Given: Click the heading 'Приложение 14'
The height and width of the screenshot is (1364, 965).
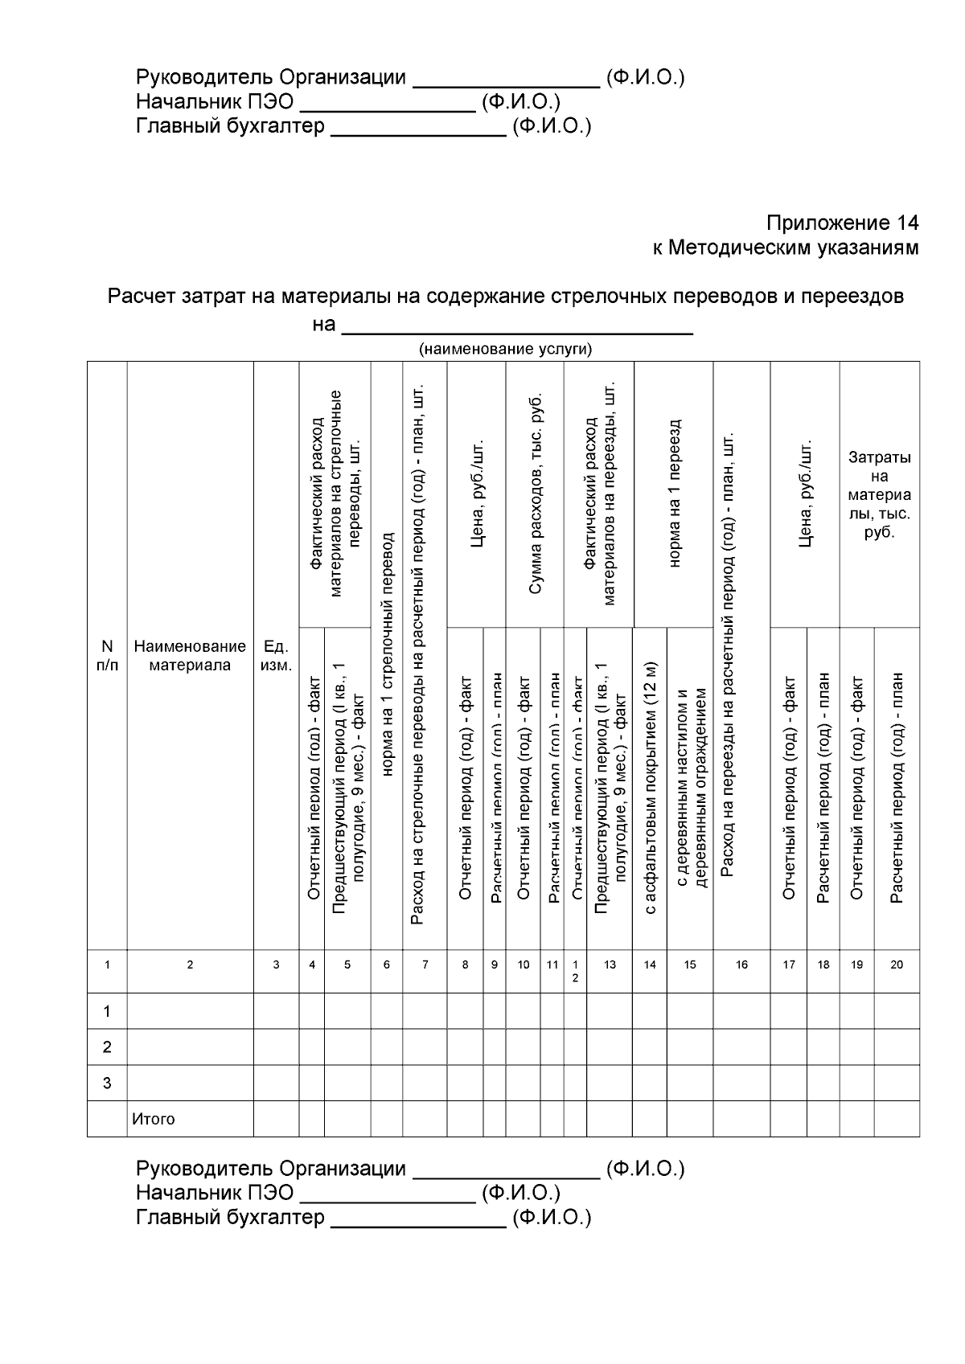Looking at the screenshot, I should (x=841, y=223).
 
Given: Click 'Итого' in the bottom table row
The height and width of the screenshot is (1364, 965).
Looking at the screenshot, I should (x=154, y=1119).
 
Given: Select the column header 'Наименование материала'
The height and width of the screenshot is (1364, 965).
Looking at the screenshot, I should (x=190, y=655).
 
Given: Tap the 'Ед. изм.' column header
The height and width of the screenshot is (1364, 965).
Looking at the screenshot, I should (x=276, y=655).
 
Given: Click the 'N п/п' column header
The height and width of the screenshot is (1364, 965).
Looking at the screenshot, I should (x=107, y=655).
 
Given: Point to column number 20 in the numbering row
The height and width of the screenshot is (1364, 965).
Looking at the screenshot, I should (x=897, y=965).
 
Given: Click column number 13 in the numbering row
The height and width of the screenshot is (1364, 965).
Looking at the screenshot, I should (x=610, y=965).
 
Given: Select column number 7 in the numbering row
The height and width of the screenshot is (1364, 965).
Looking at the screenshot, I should (x=425, y=965).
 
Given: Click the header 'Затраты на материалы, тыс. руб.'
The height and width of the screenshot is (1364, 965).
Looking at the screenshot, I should (x=880, y=494).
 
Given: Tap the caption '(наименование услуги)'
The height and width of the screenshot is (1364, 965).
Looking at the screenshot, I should (x=505, y=349).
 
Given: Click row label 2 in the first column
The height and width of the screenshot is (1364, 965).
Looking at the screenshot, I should (x=107, y=1047).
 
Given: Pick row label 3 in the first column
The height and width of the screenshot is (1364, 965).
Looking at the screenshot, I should (x=107, y=1083).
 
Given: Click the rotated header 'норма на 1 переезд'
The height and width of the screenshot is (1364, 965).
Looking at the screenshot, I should (x=674, y=494).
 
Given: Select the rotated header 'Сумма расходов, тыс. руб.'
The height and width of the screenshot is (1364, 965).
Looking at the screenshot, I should (x=535, y=494).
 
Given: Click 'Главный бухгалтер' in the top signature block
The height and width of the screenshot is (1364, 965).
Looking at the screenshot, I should (x=230, y=126).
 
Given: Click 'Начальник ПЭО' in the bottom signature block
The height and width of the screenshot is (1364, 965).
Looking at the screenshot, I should (x=215, y=1192).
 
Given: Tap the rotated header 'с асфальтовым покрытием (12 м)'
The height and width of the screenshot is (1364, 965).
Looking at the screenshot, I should (x=651, y=788).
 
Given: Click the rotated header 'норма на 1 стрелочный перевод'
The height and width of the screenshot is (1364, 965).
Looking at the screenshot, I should (x=387, y=655).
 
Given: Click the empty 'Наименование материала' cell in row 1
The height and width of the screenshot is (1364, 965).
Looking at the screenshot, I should (x=190, y=1010).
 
